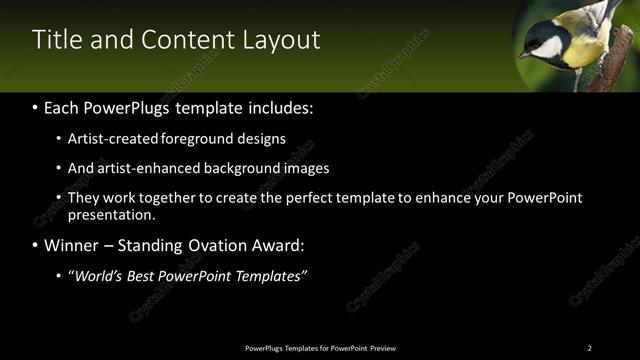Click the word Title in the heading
pyautogui.click(x=55, y=40)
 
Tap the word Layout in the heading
pyautogui.click(x=282, y=40)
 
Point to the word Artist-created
pyautogui.click(x=115, y=139)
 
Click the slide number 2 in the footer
pyautogui.click(x=589, y=348)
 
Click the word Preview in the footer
pyautogui.click(x=383, y=348)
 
